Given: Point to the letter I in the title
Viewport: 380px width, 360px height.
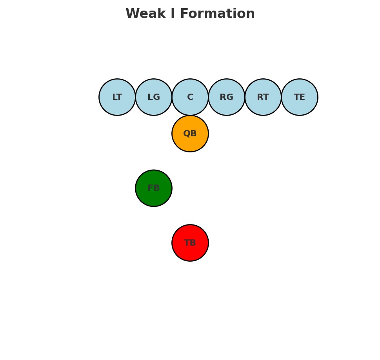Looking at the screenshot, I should coord(172,14).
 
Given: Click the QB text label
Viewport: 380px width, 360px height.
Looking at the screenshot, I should coord(190,134).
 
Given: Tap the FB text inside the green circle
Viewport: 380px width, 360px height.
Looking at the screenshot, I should coord(154,188).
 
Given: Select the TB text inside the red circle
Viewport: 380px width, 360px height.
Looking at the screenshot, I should coord(190,243).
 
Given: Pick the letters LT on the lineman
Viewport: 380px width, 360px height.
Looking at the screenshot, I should coord(117,98).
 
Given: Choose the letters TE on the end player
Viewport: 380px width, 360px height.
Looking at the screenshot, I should coord(300,98).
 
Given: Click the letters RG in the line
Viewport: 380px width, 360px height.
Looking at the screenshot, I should coord(227,98).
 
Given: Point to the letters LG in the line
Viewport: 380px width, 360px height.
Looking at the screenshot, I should coord(154,98).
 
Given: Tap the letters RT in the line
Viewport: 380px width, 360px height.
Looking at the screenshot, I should coord(263,98).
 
